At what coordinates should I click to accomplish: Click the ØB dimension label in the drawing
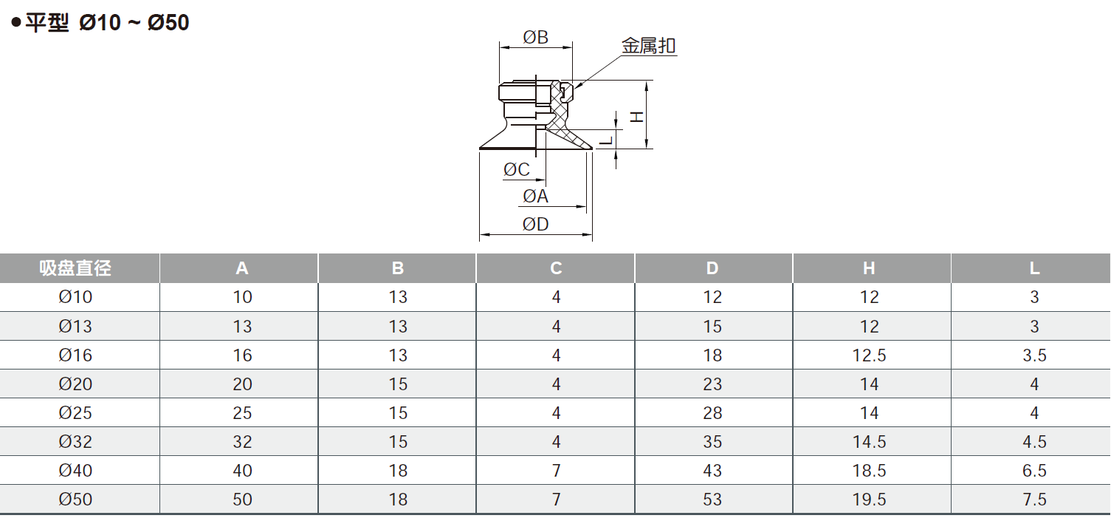tap(536, 37)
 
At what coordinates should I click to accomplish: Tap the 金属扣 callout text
tap(649, 47)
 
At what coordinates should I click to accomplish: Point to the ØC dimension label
tap(517, 170)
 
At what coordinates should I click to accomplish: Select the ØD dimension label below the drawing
tap(536, 225)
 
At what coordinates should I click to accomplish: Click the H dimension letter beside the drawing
tap(636, 116)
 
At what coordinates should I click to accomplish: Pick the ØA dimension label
tap(536, 197)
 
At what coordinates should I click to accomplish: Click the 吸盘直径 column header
tap(75, 268)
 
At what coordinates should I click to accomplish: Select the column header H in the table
tap(869, 268)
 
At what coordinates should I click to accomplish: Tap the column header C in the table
tap(556, 268)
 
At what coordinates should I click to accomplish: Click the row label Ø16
tap(75, 355)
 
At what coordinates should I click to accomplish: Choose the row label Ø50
tap(75, 500)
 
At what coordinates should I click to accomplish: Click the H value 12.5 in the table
tap(869, 355)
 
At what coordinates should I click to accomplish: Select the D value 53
tap(712, 500)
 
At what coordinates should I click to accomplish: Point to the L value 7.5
tap(1034, 500)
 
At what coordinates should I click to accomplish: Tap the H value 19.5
tap(869, 500)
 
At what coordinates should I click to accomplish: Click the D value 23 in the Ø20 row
tap(712, 384)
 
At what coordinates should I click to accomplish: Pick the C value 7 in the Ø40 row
tap(556, 471)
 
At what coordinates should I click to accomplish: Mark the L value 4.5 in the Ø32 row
tap(1034, 442)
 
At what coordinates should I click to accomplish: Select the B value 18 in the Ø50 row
tap(398, 500)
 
